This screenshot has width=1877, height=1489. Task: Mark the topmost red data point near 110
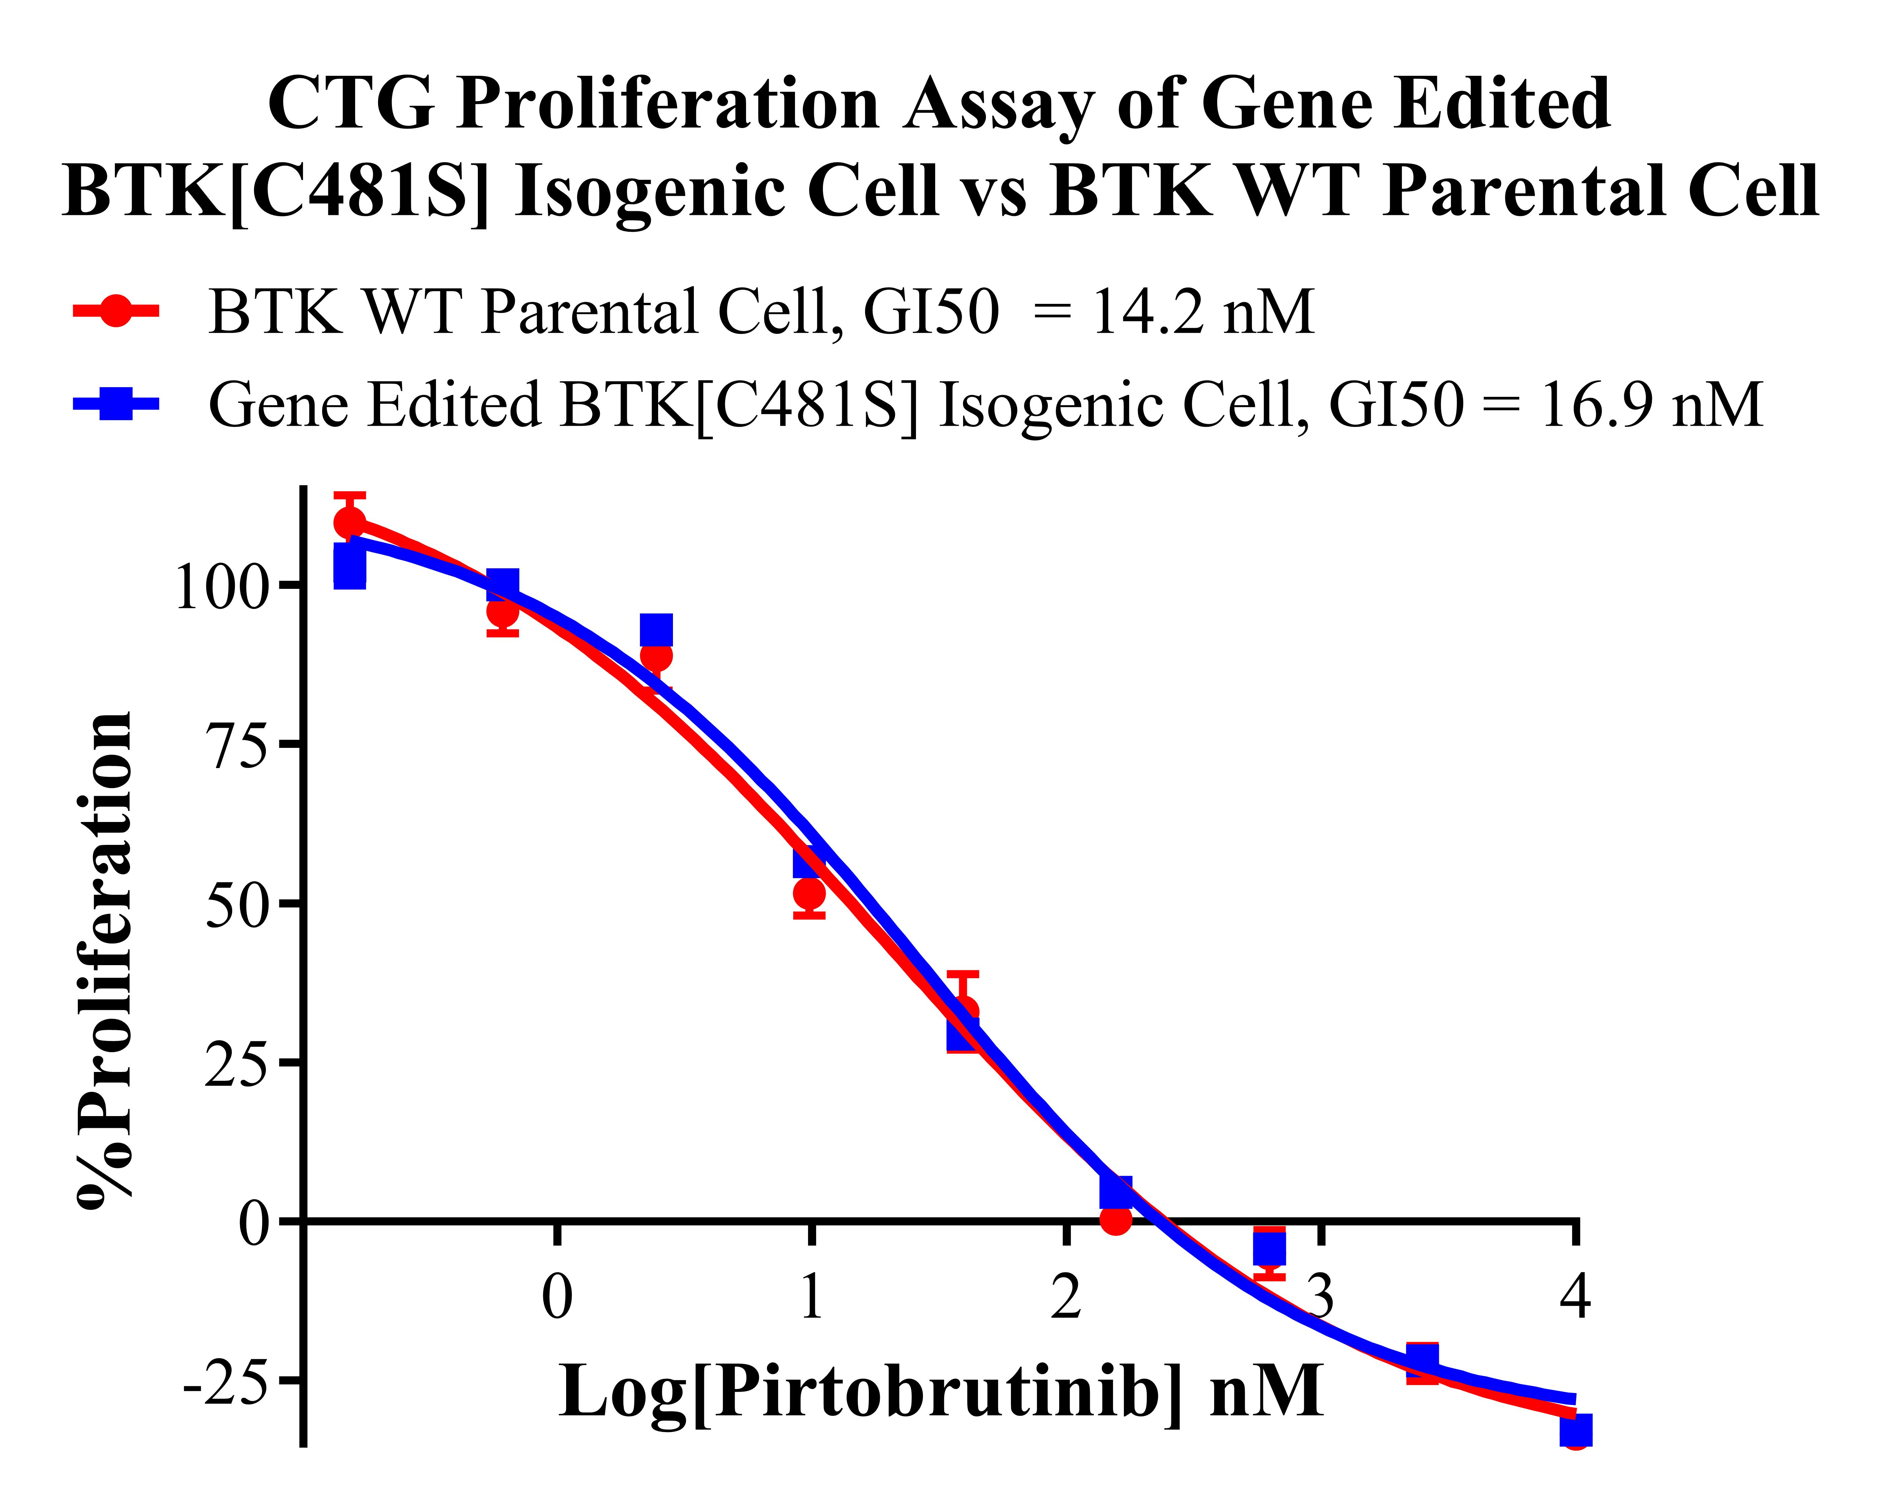click(349, 522)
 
